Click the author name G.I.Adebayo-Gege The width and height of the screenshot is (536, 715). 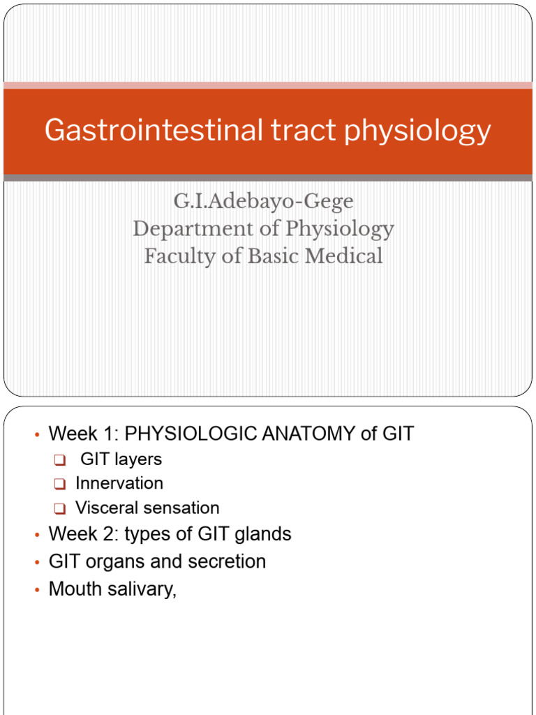263,202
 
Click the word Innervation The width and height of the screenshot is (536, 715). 119,483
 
